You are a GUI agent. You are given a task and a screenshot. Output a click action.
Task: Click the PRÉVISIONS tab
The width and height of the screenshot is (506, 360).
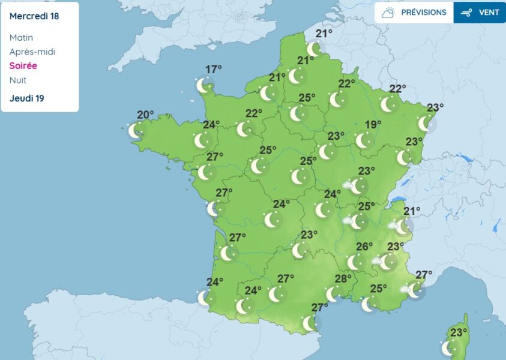423,12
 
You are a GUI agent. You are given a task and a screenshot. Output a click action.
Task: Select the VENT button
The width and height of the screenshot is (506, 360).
480,12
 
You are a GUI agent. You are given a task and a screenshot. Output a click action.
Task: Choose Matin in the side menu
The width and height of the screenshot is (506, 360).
22,37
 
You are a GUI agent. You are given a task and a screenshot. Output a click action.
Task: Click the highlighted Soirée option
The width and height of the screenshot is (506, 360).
23,66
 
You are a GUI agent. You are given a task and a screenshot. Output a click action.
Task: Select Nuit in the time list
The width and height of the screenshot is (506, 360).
18,80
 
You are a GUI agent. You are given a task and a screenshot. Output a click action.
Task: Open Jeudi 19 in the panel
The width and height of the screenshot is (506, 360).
27,98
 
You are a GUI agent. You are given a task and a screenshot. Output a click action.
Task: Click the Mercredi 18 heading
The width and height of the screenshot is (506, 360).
34,16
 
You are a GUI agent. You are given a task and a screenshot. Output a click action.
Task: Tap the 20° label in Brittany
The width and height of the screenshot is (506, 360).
145,115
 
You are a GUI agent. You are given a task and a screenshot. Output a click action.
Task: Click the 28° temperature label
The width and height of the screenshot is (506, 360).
343,278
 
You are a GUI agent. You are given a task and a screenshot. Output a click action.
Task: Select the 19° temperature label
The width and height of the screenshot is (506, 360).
373,125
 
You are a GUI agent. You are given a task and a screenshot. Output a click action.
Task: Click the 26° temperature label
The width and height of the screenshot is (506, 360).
364,247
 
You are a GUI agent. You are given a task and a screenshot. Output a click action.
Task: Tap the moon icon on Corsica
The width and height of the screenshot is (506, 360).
448,348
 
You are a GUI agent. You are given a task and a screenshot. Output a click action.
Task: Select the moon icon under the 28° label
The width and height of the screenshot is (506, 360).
333,294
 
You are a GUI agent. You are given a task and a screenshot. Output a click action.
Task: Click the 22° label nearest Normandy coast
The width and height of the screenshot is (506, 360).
254,113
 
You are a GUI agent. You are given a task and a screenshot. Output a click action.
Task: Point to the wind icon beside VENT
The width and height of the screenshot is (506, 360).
466,12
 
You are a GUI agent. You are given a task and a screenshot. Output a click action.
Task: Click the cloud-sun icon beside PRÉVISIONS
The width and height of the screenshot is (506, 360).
388,12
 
